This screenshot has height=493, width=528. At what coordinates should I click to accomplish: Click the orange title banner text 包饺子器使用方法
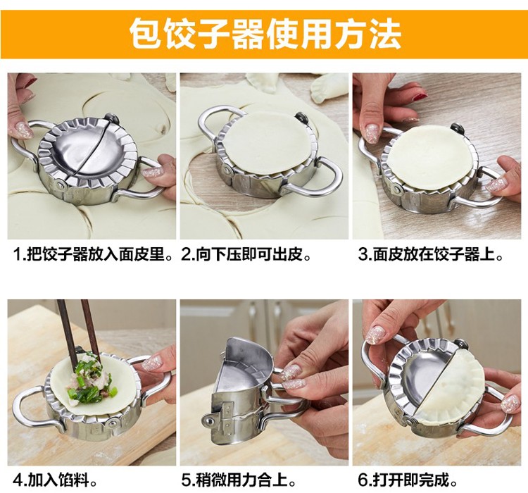265,35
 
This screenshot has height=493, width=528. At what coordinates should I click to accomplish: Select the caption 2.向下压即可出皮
246,254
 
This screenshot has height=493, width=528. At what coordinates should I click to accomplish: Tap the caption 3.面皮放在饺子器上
430,254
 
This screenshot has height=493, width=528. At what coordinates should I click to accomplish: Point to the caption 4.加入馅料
55,480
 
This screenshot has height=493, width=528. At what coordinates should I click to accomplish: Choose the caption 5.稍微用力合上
239,480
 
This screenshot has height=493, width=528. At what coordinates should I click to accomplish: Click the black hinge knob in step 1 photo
112,119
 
